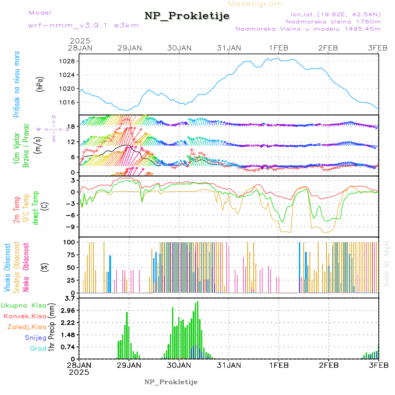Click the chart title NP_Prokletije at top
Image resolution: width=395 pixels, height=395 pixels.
pos(187,16)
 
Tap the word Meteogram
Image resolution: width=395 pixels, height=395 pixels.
pos(256,4)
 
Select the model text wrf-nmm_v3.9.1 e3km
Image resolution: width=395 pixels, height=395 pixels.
pos(83,25)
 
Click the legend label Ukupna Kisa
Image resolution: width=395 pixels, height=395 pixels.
pos(24,305)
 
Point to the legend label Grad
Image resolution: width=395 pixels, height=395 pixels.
pos(38,349)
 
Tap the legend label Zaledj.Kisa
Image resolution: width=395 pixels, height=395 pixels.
pos(27,327)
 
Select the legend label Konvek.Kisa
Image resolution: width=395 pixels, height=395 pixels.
pos(25,316)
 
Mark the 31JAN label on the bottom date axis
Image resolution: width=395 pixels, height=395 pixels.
pos(229,365)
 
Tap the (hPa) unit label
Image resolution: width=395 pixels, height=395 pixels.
pos(40,84)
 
